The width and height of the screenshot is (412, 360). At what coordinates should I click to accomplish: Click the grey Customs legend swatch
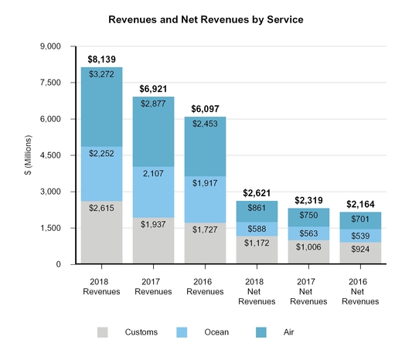click(103, 331)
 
